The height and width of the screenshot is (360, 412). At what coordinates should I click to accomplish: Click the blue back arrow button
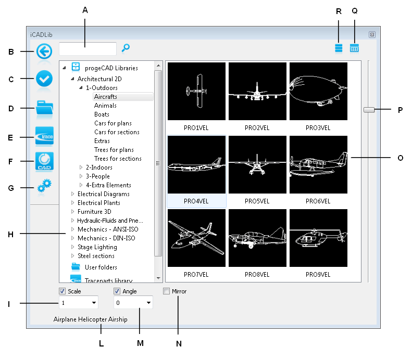click(44, 51)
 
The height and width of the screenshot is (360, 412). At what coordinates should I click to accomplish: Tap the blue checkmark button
click(44, 79)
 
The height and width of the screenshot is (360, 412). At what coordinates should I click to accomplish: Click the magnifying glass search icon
click(126, 48)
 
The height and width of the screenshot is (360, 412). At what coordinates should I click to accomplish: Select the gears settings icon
click(44, 186)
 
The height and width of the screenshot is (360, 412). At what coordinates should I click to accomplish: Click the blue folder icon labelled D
click(44, 107)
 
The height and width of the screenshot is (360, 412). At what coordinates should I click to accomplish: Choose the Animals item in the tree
click(105, 106)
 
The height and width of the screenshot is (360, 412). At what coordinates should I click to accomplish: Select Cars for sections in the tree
click(117, 132)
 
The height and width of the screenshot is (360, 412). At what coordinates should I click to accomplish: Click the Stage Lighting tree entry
click(97, 247)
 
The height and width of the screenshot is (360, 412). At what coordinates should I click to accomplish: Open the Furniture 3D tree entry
click(94, 212)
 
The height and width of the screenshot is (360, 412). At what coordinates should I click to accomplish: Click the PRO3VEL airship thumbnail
click(318, 92)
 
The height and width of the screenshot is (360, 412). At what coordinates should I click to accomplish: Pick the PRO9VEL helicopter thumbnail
click(318, 238)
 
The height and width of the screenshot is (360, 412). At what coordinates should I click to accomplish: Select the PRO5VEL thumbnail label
click(257, 201)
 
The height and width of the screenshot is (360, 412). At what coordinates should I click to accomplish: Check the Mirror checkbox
click(166, 291)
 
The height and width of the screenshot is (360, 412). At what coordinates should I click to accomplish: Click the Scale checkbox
click(63, 291)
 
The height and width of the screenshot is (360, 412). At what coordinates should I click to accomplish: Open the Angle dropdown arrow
click(148, 303)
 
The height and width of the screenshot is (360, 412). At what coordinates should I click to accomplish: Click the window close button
click(372, 35)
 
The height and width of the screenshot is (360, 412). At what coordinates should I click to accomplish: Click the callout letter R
click(339, 11)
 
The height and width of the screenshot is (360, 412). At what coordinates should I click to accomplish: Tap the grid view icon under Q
click(354, 48)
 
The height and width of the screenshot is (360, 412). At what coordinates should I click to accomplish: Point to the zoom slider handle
click(369, 110)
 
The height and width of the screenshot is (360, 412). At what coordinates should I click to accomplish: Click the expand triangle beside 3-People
click(81, 176)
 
